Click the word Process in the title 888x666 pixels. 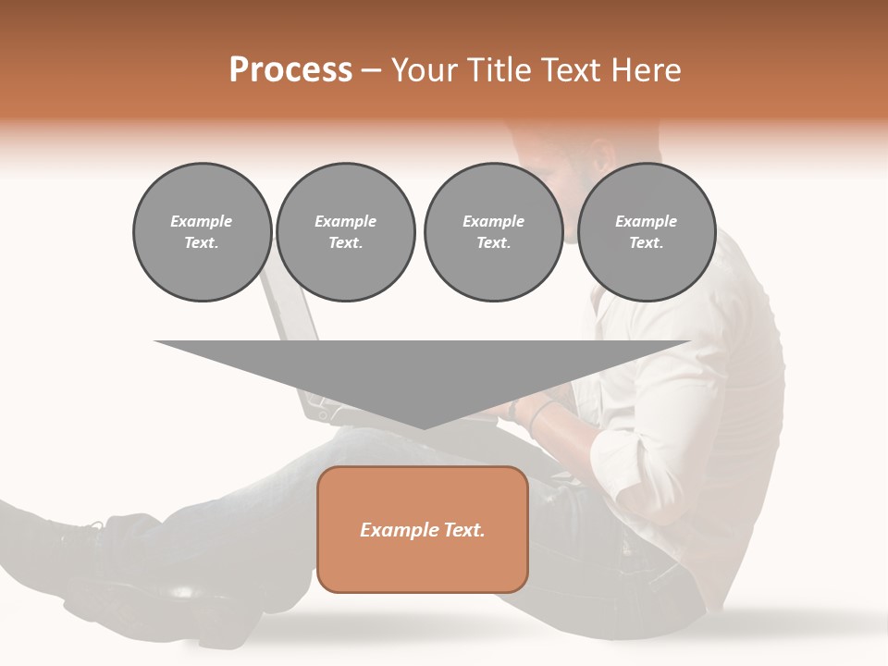[290, 70]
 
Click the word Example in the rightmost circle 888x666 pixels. [646, 221]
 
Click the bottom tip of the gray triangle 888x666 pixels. [423, 427]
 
